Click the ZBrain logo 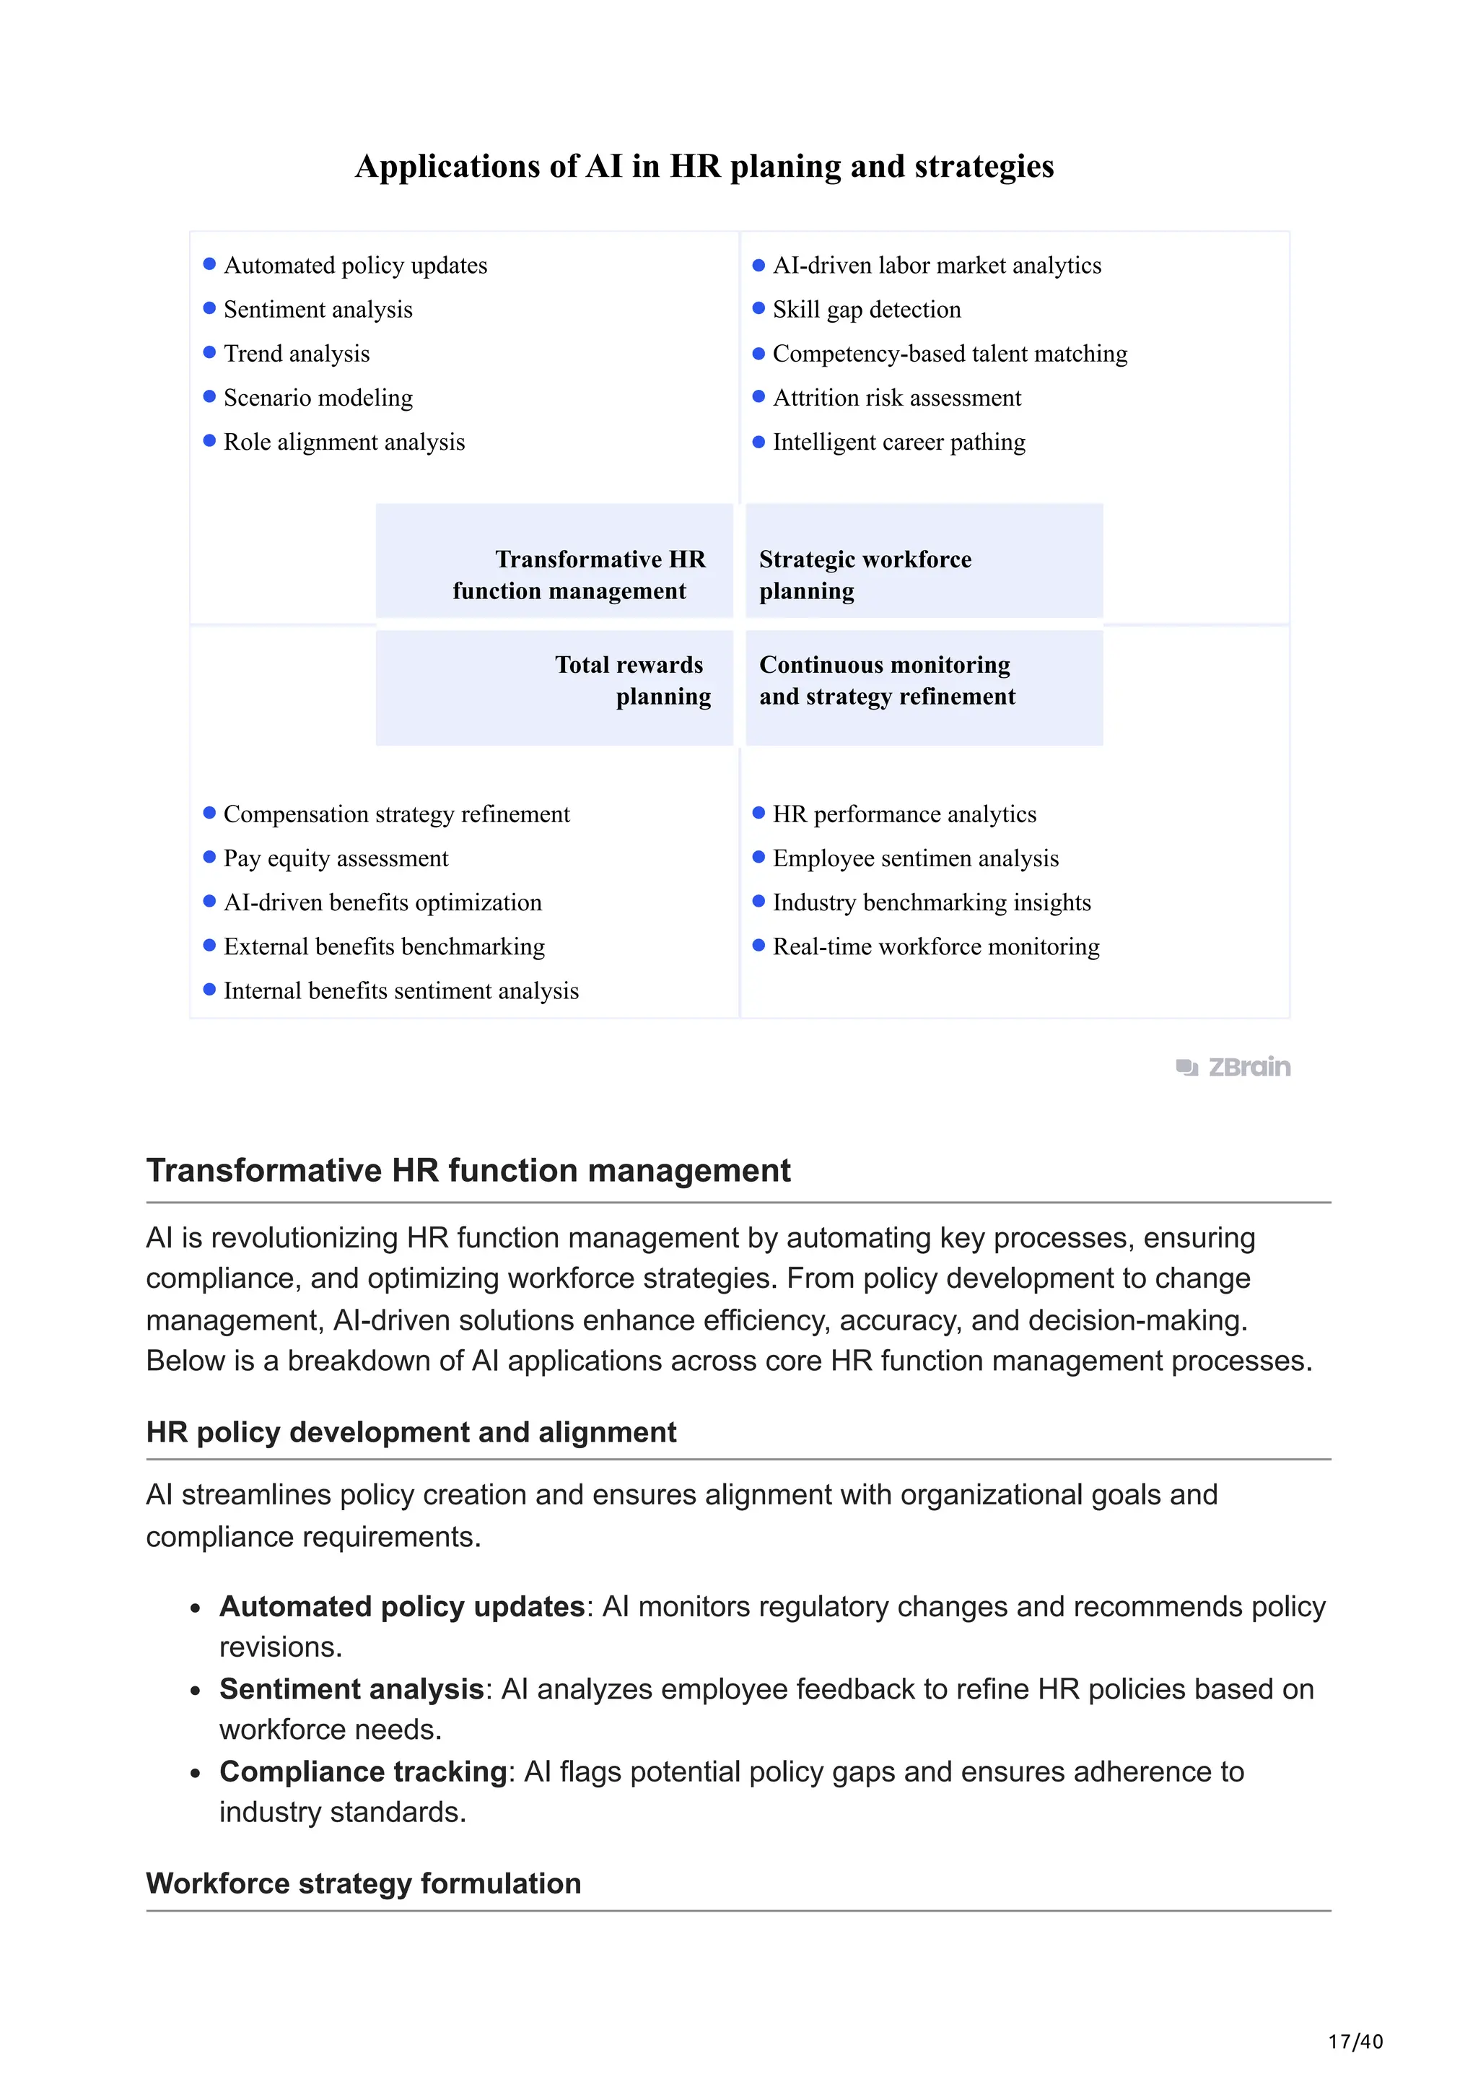[x=1233, y=1067]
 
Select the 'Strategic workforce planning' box [x=924, y=562]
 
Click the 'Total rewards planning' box [x=554, y=688]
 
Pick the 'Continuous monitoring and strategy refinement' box [x=924, y=688]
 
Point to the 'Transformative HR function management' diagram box [x=554, y=562]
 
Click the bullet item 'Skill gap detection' [x=866, y=310]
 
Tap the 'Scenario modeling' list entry [x=318, y=398]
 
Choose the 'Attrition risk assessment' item [x=896, y=398]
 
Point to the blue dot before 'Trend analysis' [x=209, y=352]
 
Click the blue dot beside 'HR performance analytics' [x=758, y=813]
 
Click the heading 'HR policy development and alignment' [x=411, y=1432]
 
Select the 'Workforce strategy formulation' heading [x=363, y=1883]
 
